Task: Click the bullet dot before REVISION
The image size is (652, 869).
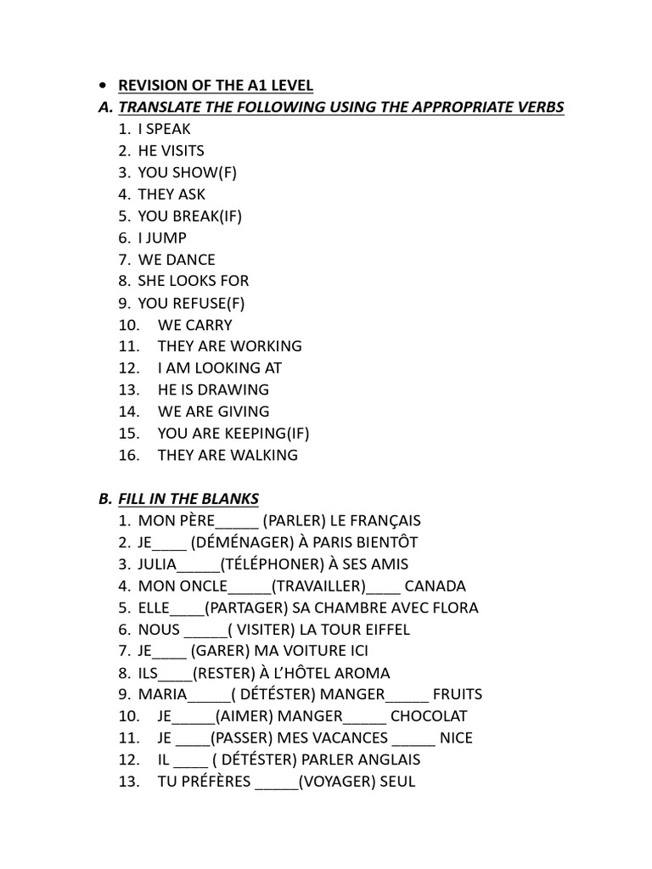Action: [103, 85]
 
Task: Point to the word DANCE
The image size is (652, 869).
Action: [192, 260]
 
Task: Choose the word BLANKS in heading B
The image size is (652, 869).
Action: [230, 498]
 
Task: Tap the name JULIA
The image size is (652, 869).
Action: [157, 564]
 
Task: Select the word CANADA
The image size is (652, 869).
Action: [436, 586]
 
